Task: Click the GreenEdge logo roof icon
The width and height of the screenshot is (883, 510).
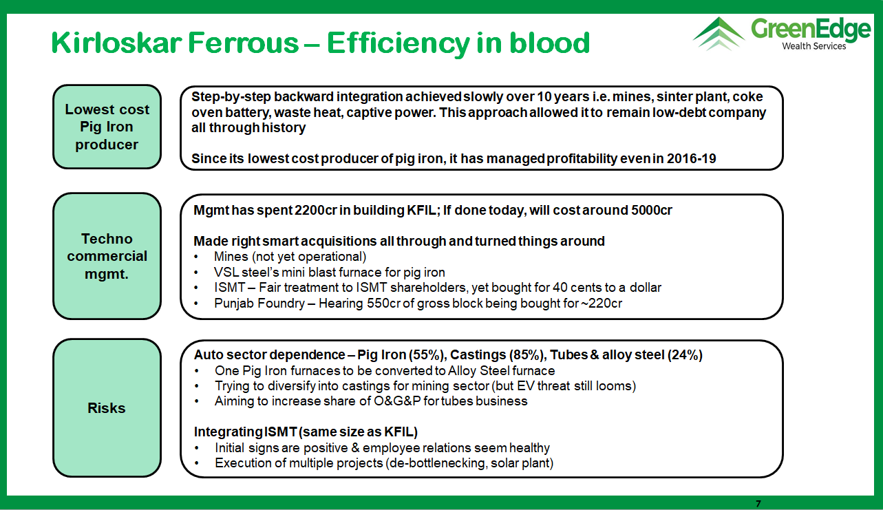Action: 719,34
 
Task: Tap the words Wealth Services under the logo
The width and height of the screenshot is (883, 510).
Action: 814,46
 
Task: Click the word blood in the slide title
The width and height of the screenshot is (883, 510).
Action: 549,43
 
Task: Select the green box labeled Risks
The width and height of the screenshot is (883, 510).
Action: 107,408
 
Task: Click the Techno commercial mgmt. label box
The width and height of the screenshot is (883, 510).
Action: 107,256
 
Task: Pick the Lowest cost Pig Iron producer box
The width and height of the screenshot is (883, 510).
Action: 107,127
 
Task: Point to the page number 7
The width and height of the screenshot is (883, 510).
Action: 758,503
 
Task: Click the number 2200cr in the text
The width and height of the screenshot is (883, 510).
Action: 315,211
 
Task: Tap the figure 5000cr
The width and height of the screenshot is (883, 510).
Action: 652,211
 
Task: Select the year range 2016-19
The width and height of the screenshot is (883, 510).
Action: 692,159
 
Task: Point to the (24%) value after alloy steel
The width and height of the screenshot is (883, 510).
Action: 685,355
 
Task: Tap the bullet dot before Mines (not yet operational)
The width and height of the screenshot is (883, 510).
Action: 196,257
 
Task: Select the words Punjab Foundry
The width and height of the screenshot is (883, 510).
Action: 259,304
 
